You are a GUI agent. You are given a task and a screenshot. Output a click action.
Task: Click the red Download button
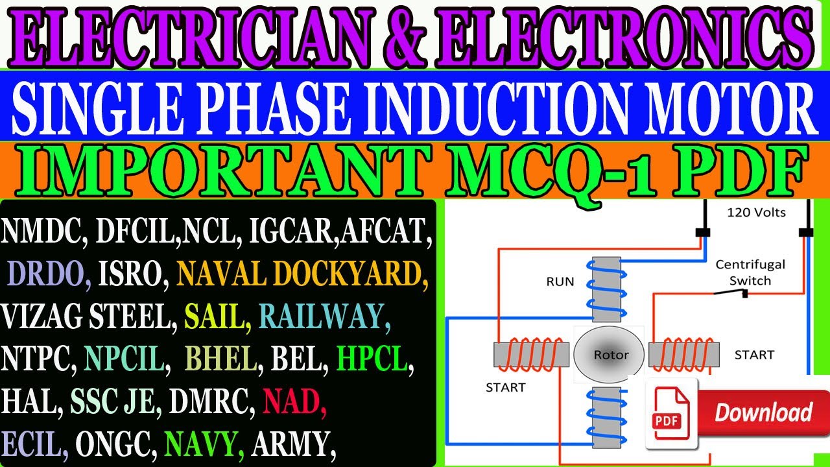tap(763, 413)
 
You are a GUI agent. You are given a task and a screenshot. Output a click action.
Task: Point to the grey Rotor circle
tap(610, 354)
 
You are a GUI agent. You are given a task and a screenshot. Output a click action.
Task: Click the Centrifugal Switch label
tap(750, 272)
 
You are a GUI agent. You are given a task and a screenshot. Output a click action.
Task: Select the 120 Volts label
tap(756, 212)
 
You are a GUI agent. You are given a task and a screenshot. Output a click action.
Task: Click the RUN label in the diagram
tap(560, 281)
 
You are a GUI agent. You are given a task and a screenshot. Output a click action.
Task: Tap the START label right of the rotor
tap(754, 355)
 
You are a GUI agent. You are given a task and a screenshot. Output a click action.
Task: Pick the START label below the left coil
tap(505, 387)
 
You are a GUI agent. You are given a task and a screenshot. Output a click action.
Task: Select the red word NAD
tap(294, 403)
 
